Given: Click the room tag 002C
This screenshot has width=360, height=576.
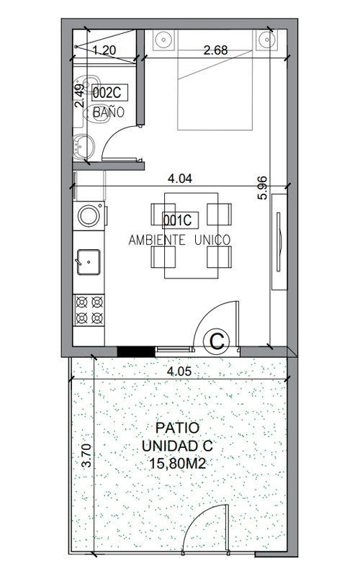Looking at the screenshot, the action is [x=109, y=93].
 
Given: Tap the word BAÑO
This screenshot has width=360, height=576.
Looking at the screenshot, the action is [x=109, y=112].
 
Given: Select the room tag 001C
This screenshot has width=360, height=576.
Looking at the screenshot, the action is [x=181, y=220].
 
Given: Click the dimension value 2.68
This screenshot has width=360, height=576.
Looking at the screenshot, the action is [x=215, y=50].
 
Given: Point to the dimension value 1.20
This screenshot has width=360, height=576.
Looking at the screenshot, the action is [x=104, y=50].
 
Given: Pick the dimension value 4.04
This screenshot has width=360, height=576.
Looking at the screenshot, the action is [x=179, y=179].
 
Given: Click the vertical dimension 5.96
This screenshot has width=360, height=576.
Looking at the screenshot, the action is [x=263, y=188].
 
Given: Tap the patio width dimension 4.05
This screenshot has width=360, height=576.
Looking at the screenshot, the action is [x=179, y=371].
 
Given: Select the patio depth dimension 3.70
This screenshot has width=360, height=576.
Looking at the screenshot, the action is [x=86, y=456].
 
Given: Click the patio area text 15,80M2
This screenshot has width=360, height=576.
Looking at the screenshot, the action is [x=177, y=464].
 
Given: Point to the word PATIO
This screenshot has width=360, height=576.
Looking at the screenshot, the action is [x=177, y=428].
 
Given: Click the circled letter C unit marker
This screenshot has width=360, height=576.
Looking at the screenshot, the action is [x=217, y=341].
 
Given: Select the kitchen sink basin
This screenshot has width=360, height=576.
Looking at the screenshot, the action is [x=88, y=262].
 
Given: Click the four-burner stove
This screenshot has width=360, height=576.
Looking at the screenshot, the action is [x=89, y=310].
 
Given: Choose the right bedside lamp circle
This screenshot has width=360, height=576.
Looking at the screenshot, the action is [x=265, y=39].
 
